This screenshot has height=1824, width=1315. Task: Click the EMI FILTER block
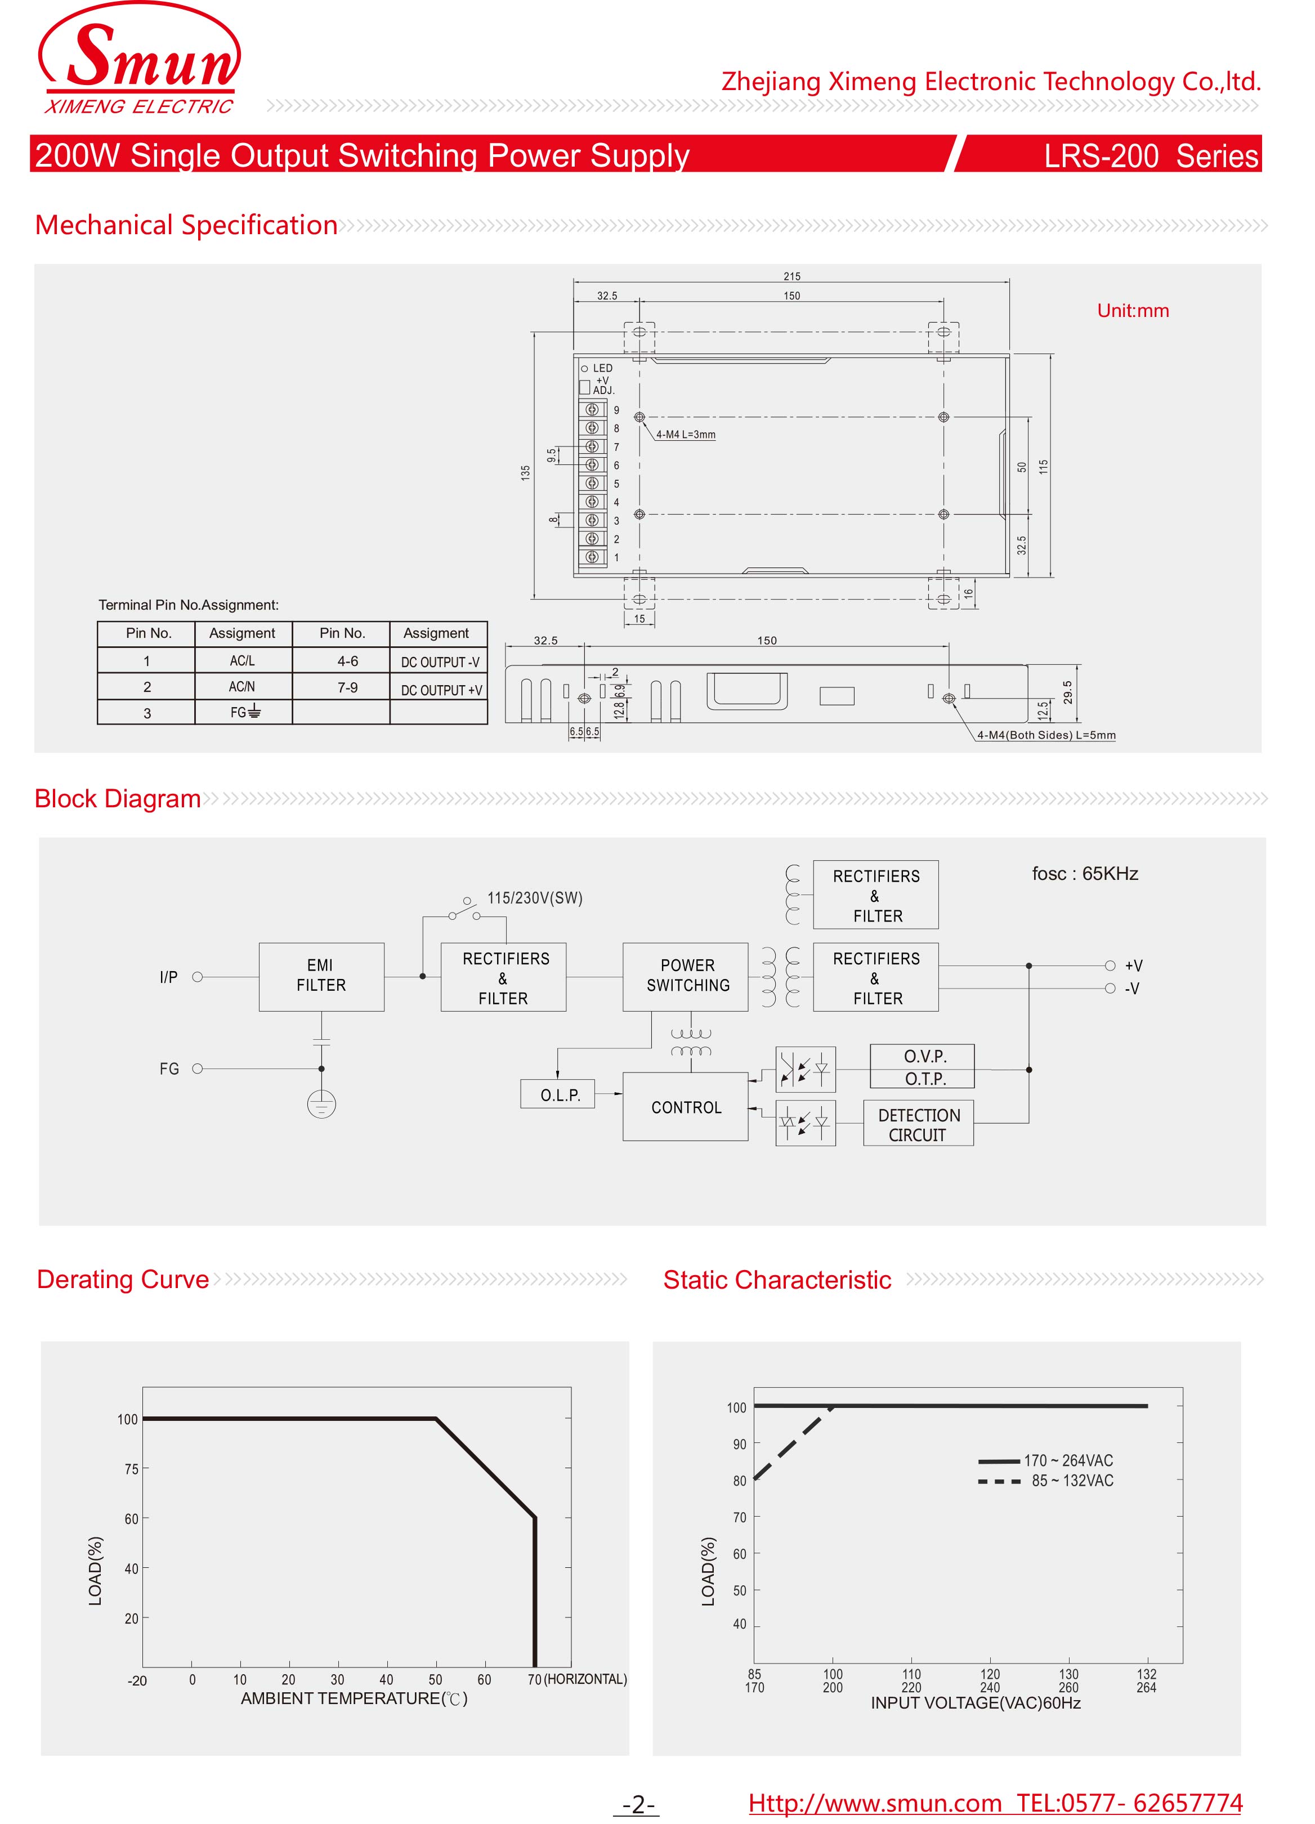click(321, 976)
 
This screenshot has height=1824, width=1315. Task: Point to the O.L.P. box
click(558, 1094)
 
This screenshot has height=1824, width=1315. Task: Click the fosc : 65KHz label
click(1084, 873)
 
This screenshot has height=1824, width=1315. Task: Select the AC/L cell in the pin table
click(242, 661)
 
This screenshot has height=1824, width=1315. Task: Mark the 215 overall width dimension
click(791, 276)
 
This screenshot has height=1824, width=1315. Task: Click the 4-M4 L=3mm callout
click(685, 434)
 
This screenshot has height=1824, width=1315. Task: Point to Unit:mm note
click(1133, 311)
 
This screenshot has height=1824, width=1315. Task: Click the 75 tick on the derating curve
click(131, 1469)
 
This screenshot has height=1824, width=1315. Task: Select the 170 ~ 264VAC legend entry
click(1067, 1460)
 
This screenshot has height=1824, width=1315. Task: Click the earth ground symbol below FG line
click(321, 1103)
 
